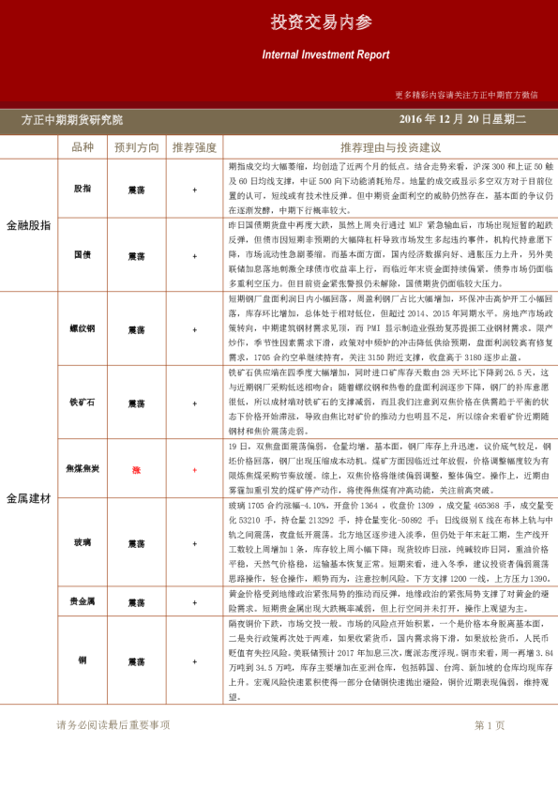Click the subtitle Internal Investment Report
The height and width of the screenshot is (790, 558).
325,55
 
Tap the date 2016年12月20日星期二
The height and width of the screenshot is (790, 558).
462,120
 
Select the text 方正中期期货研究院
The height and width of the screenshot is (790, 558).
72,120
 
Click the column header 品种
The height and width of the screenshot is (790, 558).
83,147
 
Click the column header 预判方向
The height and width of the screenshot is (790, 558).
137,147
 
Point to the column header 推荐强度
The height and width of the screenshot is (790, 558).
194,147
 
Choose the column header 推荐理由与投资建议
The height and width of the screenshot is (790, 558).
390,147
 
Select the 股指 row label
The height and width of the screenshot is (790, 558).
83,189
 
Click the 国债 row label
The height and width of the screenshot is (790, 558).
83,255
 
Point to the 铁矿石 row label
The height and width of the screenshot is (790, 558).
83,403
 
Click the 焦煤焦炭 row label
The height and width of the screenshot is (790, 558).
83,468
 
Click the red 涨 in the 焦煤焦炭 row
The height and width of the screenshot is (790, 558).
136,469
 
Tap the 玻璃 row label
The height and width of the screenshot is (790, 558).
83,542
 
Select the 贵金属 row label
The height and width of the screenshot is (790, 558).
83,601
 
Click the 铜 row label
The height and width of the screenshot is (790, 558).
83,661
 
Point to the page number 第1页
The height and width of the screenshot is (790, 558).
490,725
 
